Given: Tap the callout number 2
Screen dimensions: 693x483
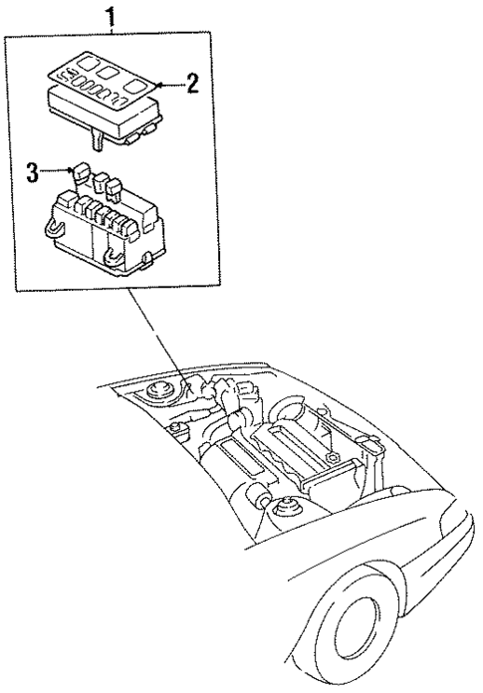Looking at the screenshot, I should tap(192, 83).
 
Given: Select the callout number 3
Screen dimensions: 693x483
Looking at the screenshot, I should tap(32, 172).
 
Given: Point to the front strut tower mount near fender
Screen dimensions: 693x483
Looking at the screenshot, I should tap(286, 511).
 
